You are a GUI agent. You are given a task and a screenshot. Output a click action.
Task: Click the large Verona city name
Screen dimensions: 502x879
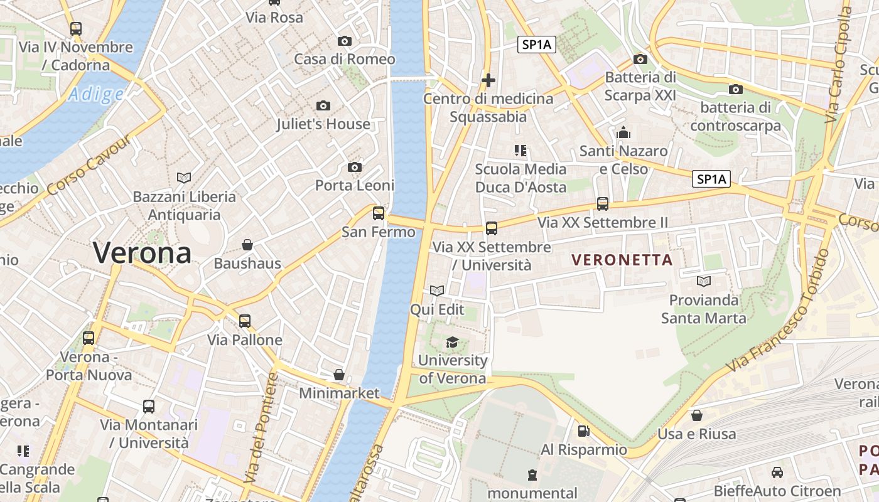click(142, 253)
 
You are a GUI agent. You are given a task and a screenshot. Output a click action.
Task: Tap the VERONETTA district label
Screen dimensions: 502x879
click(622, 259)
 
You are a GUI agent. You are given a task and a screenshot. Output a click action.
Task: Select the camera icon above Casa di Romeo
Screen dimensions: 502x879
click(345, 41)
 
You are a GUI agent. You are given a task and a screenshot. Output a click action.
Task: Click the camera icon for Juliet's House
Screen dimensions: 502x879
click(323, 105)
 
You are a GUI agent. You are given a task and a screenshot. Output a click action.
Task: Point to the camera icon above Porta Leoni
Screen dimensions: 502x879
click(355, 168)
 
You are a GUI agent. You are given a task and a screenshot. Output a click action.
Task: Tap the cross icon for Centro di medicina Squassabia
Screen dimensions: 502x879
click(488, 80)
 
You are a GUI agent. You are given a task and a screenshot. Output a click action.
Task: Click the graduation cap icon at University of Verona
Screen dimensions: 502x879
click(452, 342)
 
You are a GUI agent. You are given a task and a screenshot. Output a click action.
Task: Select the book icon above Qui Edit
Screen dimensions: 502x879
click(437, 291)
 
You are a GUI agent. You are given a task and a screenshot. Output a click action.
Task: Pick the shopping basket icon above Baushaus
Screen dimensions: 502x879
click(247, 245)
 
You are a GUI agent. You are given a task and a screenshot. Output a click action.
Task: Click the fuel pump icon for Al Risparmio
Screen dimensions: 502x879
click(583, 431)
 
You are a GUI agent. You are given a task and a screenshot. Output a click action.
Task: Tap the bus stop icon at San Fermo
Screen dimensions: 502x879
click(379, 213)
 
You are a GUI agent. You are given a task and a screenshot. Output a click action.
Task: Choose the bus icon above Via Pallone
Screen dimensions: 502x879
click(244, 321)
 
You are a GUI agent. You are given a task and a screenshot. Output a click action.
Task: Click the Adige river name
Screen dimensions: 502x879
click(96, 95)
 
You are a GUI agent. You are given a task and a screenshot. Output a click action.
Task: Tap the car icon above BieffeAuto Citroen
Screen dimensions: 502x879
click(777, 473)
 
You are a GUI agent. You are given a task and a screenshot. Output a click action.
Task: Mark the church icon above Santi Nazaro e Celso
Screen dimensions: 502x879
click(623, 132)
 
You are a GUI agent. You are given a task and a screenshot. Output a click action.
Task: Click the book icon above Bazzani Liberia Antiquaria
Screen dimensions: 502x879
click(184, 178)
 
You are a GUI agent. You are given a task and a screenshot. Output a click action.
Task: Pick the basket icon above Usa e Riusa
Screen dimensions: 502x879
click(696, 415)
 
